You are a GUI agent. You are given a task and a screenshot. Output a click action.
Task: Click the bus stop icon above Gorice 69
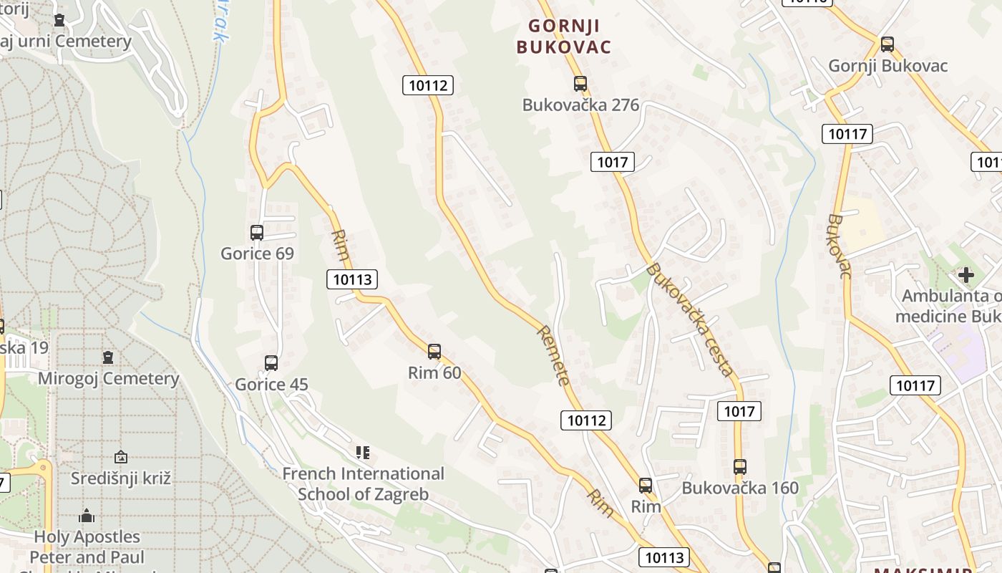257,233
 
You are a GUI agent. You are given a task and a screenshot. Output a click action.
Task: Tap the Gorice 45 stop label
271,385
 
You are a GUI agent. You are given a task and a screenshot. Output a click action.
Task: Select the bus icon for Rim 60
434,352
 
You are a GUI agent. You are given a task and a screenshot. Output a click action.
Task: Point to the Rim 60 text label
434,373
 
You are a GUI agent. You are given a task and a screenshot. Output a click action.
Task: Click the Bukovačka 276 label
580,105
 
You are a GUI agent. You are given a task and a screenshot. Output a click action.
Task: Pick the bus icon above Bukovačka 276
580,84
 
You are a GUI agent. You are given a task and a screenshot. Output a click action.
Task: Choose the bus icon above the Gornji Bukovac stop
887,44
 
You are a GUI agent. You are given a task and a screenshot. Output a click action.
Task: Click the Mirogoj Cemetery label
108,379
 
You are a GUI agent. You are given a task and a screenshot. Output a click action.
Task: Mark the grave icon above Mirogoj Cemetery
108,357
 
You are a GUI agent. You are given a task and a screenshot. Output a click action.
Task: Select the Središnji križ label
121,478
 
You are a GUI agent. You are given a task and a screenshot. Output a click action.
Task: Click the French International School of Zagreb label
363,484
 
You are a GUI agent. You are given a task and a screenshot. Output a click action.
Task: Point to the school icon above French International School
363,453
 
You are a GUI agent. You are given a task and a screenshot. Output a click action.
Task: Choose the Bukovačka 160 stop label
740,488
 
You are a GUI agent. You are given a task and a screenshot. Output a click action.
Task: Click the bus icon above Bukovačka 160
740,467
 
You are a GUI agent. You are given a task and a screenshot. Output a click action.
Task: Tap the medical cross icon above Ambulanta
966,274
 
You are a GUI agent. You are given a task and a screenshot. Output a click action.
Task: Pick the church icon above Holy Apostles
87,516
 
